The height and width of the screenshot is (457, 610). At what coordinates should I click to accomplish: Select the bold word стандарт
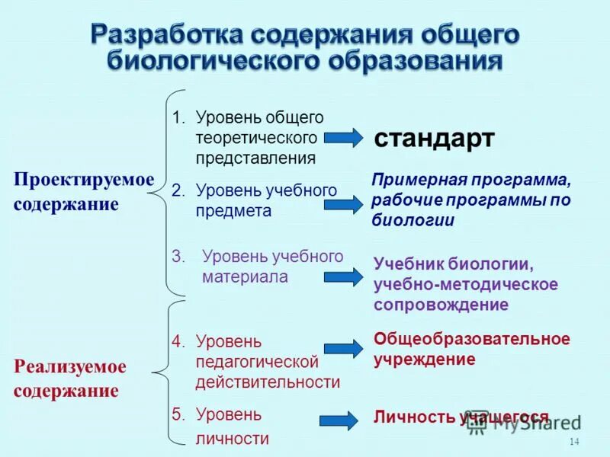(434, 139)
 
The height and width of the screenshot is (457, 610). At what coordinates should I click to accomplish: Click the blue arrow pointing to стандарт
(344, 138)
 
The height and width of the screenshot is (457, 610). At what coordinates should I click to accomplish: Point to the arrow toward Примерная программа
(344, 203)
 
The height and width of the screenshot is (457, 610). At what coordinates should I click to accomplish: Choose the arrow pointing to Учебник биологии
(344, 276)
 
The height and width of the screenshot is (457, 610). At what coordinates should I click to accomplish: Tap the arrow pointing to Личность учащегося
(339, 420)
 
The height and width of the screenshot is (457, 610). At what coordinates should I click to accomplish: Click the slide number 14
(574, 443)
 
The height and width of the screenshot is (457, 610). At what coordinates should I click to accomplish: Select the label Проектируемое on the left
(84, 179)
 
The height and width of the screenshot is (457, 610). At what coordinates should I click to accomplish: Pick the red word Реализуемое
(70, 366)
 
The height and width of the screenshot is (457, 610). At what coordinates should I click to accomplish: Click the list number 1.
(178, 118)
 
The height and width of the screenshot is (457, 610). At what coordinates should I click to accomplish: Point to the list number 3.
(178, 257)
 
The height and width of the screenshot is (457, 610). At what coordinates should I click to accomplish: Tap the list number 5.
(178, 415)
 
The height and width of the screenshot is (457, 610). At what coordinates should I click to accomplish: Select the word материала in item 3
(245, 277)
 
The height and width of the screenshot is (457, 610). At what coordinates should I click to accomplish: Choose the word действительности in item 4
(268, 382)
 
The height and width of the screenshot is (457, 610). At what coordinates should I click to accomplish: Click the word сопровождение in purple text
(441, 305)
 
